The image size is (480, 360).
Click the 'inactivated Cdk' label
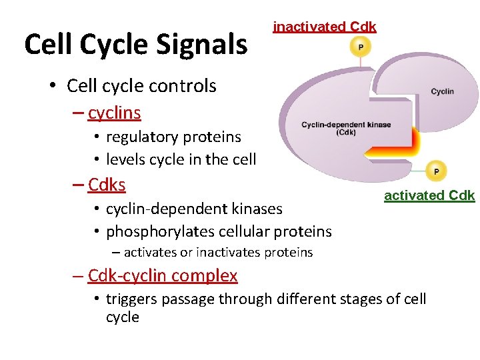point(325,27)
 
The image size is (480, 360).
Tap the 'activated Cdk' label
point(429,195)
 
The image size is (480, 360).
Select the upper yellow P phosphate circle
point(361,47)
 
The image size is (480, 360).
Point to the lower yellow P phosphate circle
point(436,171)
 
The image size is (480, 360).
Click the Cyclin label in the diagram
point(442,91)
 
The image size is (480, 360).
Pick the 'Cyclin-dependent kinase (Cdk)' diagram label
point(346,128)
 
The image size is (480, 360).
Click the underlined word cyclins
point(114,113)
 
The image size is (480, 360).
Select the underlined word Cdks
point(107,184)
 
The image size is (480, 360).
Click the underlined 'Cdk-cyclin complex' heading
point(163,275)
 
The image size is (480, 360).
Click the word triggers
point(135,299)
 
